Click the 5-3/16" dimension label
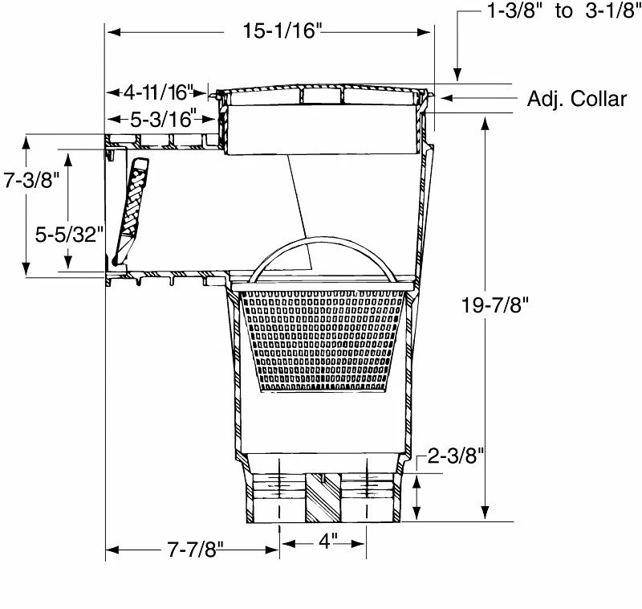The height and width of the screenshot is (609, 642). click(x=163, y=119)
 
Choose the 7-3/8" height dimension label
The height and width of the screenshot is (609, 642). click(x=32, y=181)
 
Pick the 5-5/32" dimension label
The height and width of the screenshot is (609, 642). click(x=71, y=234)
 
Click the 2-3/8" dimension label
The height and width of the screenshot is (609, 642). click(x=456, y=456)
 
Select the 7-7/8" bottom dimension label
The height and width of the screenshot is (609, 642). click(x=195, y=550)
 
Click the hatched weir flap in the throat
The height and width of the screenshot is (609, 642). click(x=132, y=205)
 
